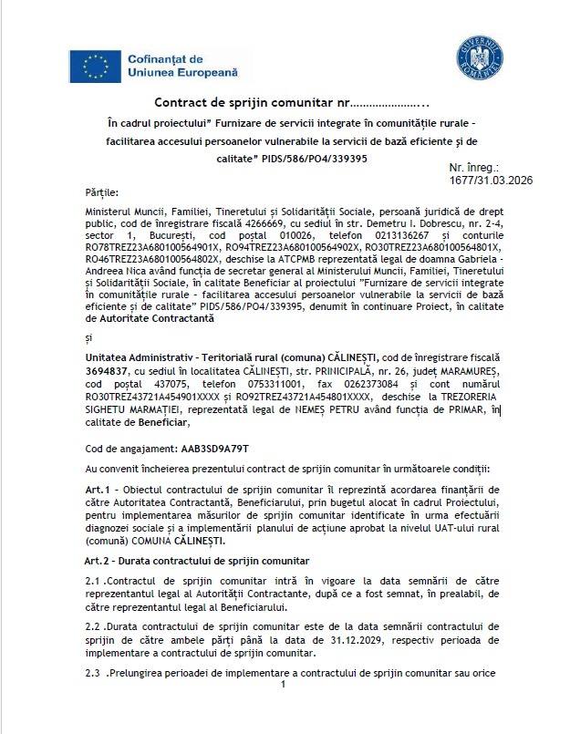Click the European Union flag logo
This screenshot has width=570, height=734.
click(x=95, y=65)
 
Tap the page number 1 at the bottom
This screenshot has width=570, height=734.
click(x=284, y=685)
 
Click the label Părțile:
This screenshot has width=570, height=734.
click(x=101, y=193)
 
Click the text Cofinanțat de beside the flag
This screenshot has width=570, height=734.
click(x=163, y=57)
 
